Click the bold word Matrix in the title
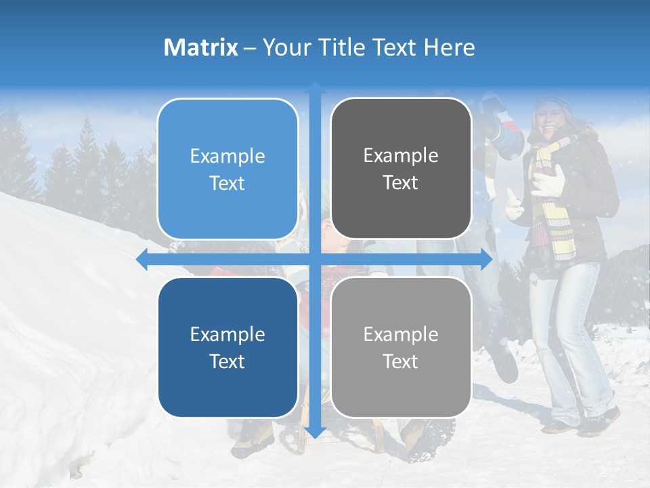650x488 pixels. (201, 47)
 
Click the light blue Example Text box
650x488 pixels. (227, 169)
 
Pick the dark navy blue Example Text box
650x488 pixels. (227, 347)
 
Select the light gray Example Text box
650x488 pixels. (401, 347)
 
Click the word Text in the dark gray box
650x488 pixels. (401, 182)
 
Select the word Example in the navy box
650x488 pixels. (227, 334)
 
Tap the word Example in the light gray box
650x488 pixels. (401, 334)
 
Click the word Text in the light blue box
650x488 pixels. (227, 183)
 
